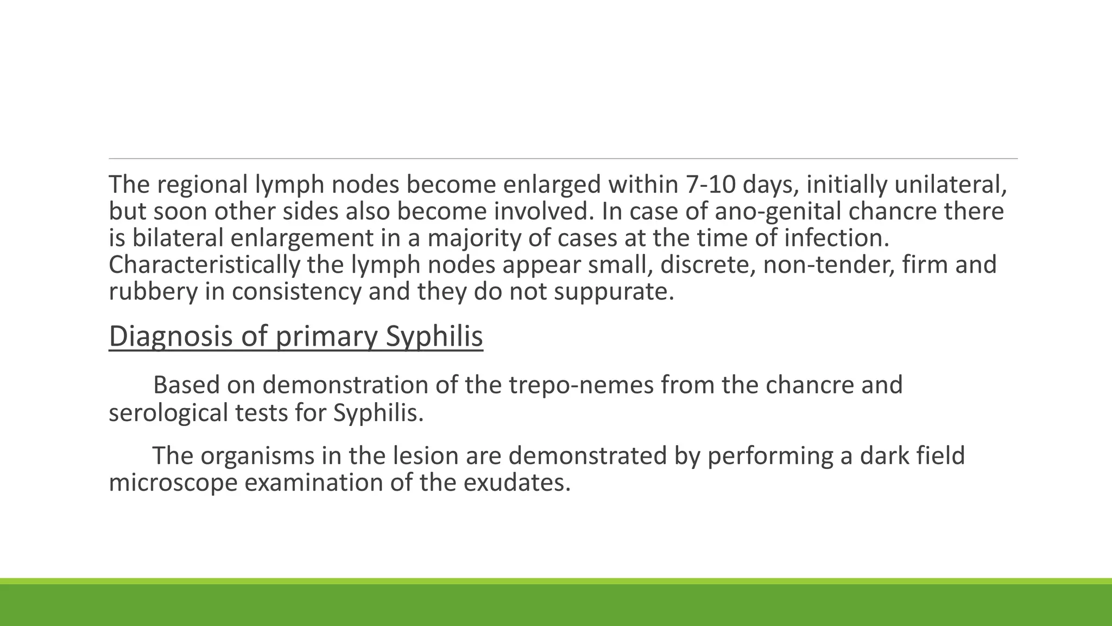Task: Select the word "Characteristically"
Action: tap(204, 265)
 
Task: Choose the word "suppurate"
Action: tap(614, 291)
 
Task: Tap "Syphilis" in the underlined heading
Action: tap(434, 336)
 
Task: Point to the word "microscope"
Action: tap(173, 483)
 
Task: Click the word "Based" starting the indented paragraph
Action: tap(186, 385)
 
